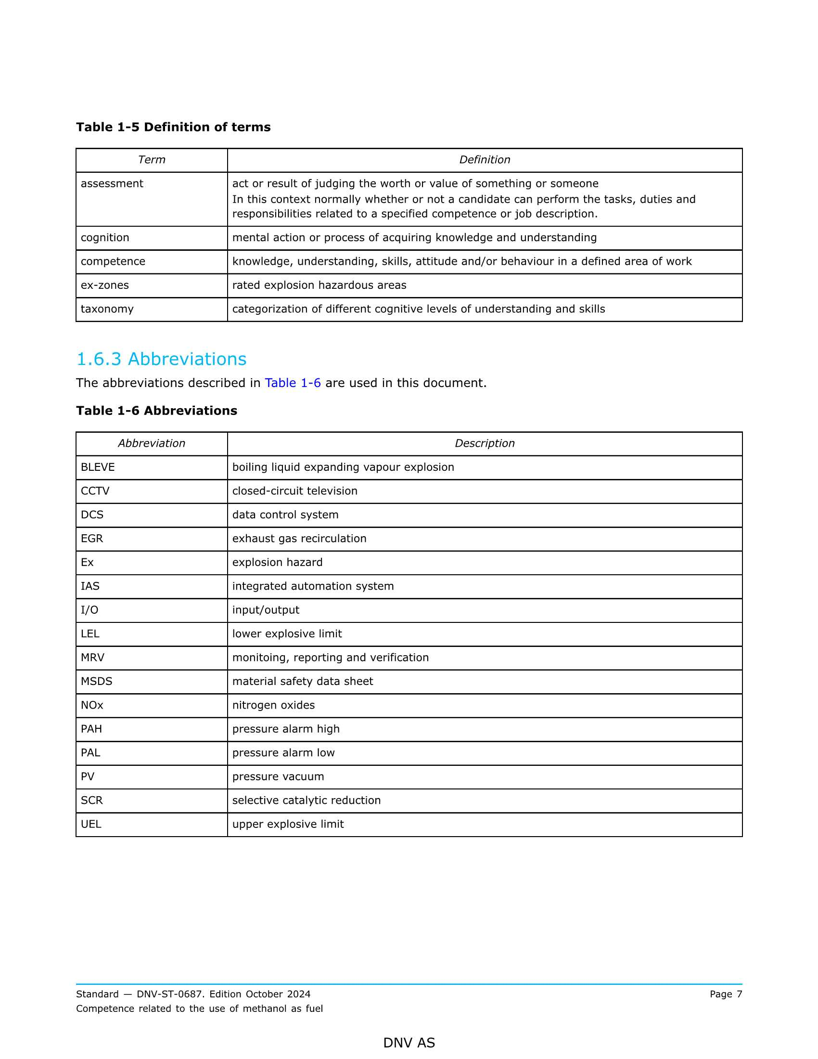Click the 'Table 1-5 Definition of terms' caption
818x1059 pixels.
click(x=173, y=127)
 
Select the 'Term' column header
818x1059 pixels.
click(x=151, y=160)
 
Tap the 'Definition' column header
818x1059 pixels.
click(x=485, y=160)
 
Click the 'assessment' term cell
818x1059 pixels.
click(x=112, y=184)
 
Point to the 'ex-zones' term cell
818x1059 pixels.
click(x=105, y=285)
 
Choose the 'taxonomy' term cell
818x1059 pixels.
click(x=107, y=310)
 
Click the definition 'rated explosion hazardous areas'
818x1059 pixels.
click(x=319, y=285)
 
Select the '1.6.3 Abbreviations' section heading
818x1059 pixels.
click(x=161, y=359)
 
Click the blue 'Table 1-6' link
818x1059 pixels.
click(x=293, y=383)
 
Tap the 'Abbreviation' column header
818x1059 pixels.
click(x=151, y=444)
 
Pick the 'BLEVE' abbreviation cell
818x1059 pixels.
click(x=98, y=467)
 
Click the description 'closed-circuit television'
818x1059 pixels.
click(x=294, y=491)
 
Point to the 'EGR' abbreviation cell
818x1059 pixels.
click(x=92, y=539)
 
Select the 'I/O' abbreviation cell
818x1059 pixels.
click(x=89, y=610)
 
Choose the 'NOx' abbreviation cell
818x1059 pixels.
click(x=92, y=706)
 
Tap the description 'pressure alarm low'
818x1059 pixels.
click(x=283, y=753)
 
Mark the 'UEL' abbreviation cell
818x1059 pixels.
click(x=91, y=824)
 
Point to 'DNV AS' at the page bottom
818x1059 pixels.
click(x=409, y=1043)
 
